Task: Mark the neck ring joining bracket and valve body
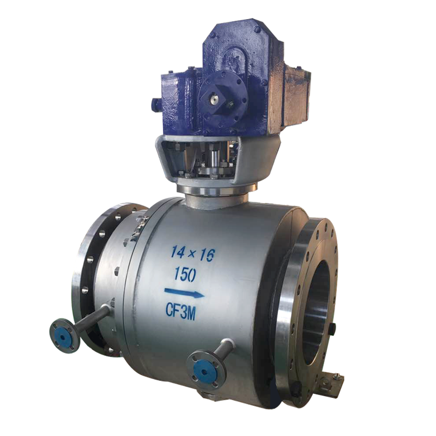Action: tap(218, 192)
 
